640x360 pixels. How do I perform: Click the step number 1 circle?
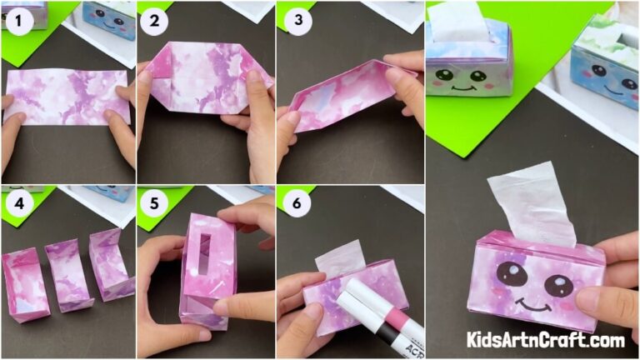point(17,22)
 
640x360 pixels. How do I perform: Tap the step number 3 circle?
point(292,22)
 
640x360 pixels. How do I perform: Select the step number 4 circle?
point(17,202)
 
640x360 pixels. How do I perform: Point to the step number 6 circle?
point(292,203)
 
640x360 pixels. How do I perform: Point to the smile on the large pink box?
point(533,306)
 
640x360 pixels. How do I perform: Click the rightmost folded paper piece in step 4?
point(112,264)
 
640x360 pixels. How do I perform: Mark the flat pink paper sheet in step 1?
point(67,96)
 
